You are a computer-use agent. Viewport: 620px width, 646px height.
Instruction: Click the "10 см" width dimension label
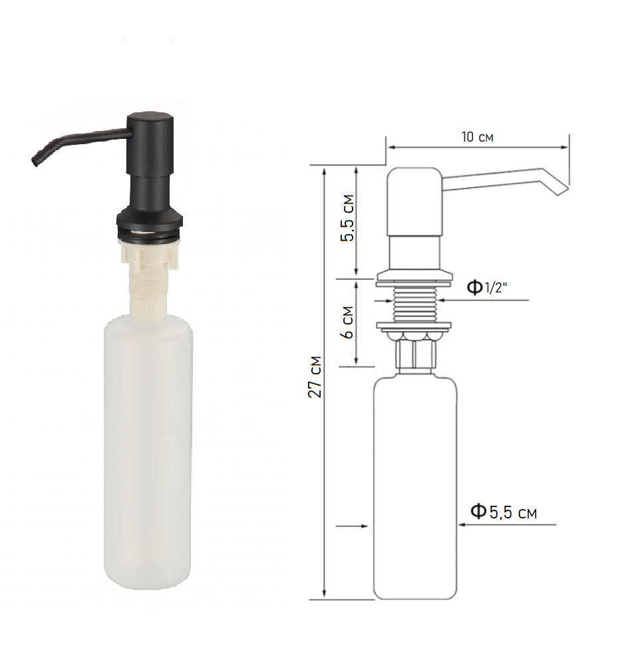click(x=477, y=137)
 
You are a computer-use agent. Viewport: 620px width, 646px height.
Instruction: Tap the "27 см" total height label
click(x=315, y=377)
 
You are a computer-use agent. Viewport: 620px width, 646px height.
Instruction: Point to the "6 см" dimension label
click(x=348, y=322)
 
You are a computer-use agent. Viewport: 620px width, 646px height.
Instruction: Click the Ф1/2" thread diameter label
click(x=487, y=287)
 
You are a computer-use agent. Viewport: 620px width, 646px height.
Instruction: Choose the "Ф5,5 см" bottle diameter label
click(x=504, y=512)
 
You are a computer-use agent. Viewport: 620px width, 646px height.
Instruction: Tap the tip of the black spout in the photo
click(x=35, y=163)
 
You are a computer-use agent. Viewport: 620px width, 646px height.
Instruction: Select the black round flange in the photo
click(x=149, y=225)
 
